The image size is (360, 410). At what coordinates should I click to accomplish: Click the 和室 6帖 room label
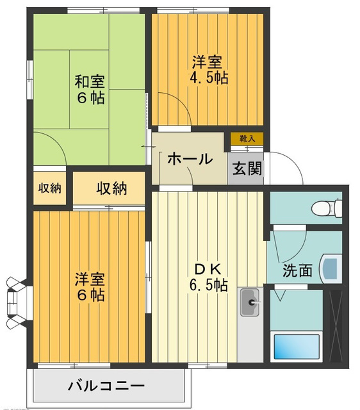click(90, 90)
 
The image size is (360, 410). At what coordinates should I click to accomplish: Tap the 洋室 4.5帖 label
click(208, 70)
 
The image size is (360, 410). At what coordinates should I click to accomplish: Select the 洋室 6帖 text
click(90, 287)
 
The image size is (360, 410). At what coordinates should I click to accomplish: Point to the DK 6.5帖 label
click(208, 277)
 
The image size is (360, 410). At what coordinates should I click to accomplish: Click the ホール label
click(190, 159)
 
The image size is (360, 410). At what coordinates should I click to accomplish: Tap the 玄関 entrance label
click(247, 168)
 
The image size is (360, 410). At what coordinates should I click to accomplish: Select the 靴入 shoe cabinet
click(247, 138)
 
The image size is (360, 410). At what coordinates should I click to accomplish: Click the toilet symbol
click(327, 208)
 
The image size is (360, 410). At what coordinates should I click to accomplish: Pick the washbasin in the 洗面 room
click(331, 269)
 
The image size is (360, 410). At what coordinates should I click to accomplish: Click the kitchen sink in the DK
click(250, 302)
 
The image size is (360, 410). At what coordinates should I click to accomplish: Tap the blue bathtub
click(297, 347)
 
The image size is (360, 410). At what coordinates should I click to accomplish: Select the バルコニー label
click(106, 386)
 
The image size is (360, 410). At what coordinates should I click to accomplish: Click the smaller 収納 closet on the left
click(50, 188)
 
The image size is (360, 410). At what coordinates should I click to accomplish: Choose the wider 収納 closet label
click(111, 188)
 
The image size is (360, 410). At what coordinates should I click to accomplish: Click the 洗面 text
click(297, 270)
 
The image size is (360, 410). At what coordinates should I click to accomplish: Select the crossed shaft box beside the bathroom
click(336, 326)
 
